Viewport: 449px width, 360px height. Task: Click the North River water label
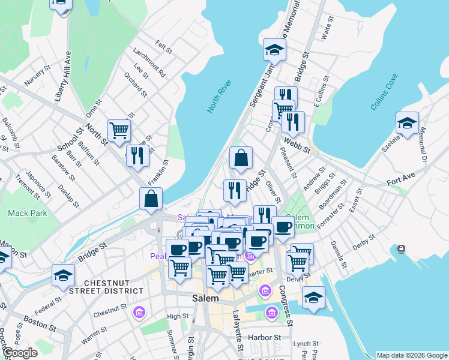point(219,95)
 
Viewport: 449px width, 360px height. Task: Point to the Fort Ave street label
point(401,181)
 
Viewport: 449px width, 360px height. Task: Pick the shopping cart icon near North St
point(119,130)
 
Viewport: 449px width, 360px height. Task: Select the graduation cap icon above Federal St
point(62,274)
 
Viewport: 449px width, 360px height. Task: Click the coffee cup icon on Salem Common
point(283,227)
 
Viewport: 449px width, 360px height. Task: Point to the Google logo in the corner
point(20,353)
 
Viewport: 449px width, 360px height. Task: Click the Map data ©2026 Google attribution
point(412,355)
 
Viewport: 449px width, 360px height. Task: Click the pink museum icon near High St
point(140,313)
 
